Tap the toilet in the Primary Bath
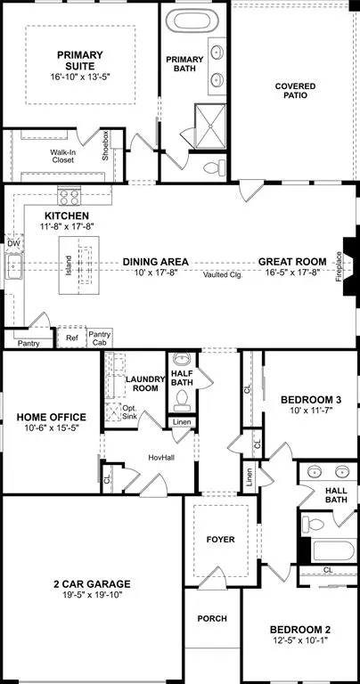click(212, 167)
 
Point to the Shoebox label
click(105, 144)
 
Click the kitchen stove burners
click(69, 195)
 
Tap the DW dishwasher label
click(12, 242)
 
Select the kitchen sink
click(14, 265)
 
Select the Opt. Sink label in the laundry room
click(114, 412)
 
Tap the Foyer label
click(219, 540)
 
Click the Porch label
click(212, 618)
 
